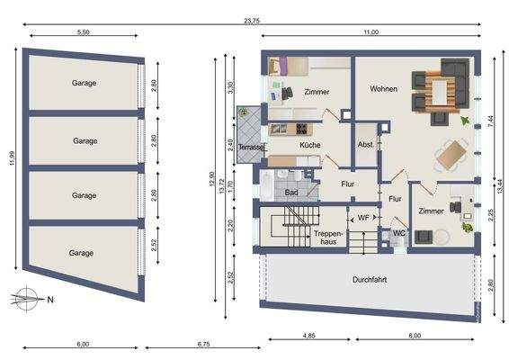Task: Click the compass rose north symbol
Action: [28, 299]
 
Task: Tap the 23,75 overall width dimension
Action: [252, 21]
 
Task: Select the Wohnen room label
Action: [383, 89]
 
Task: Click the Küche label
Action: [310, 145]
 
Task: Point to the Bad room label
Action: [291, 193]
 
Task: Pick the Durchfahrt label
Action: [370, 279]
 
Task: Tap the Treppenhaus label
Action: [328, 238]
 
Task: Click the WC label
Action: [399, 233]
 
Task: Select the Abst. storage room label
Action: [365, 145]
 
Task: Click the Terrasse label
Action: [251, 148]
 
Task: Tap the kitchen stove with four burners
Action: [301, 129]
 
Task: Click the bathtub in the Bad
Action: [267, 185]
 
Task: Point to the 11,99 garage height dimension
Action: [12, 158]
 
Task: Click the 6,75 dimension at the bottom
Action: [203, 344]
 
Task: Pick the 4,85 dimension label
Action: [308, 336]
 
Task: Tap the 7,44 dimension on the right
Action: [490, 121]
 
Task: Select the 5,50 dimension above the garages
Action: [84, 32]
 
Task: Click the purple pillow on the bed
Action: [282, 67]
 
